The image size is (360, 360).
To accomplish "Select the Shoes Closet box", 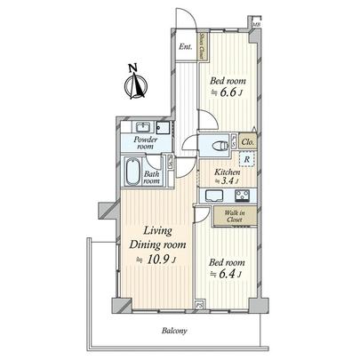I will click(x=202, y=44).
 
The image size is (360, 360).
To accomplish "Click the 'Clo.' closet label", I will click(x=247, y=142).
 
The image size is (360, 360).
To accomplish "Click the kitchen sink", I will click(x=216, y=196).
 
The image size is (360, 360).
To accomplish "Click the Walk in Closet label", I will click(x=236, y=216).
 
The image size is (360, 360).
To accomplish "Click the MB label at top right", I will click(x=256, y=25).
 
